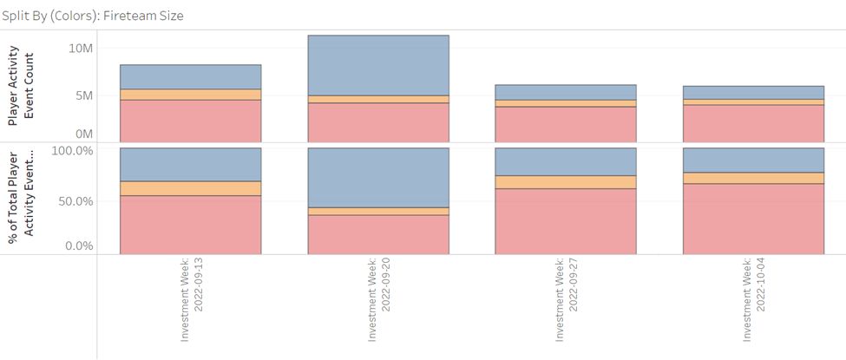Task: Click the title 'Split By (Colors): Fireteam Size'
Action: click(x=92, y=16)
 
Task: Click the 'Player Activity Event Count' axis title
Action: click(x=22, y=87)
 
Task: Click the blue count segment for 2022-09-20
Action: click(x=378, y=65)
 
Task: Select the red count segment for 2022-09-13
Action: click(x=190, y=120)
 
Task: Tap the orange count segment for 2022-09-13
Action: click(x=190, y=95)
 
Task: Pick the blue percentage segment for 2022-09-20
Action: click(x=378, y=178)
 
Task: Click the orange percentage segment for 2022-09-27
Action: click(x=566, y=182)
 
